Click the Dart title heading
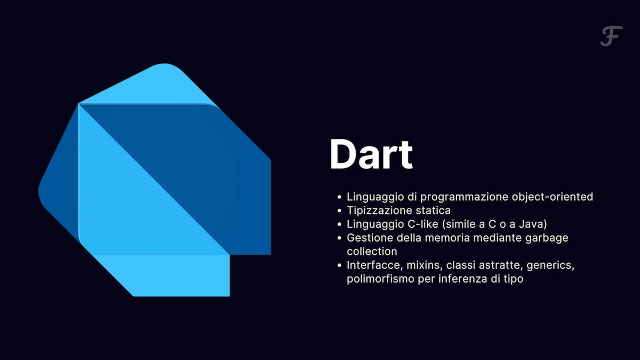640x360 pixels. click(x=371, y=155)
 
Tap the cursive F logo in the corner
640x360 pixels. click(x=611, y=36)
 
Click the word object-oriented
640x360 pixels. click(x=553, y=197)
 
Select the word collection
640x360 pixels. click(x=372, y=251)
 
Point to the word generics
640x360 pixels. click(x=550, y=266)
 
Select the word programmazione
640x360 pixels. click(x=465, y=197)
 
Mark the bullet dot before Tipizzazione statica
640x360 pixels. click(x=339, y=211)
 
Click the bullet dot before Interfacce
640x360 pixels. click(x=339, y=266)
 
